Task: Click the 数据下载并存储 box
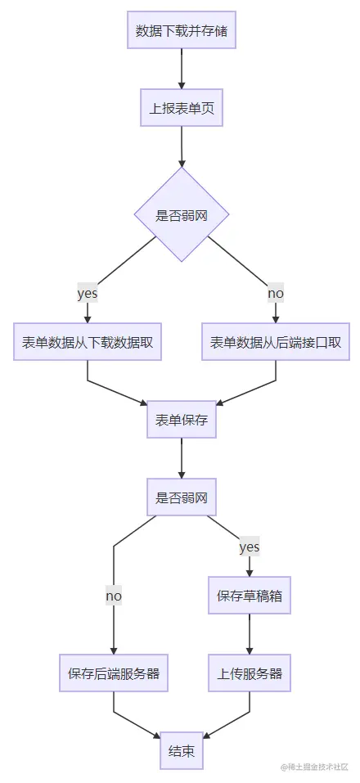[181, 32]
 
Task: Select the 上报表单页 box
[181, 110]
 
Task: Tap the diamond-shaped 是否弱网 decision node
[181, 215]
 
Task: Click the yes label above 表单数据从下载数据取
[87, 293]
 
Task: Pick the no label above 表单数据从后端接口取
[276, 293]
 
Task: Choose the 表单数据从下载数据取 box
[87, 342]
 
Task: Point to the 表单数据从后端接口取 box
[276, 342]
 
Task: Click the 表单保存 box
[181, 420]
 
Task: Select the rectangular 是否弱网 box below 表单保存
[181, 497]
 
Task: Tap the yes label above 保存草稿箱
[249, 547]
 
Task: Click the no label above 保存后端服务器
[113, 596]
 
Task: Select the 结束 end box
[181, 751]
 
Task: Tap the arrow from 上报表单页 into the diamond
[181, 148]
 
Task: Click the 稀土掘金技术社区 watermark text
[314, 767]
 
